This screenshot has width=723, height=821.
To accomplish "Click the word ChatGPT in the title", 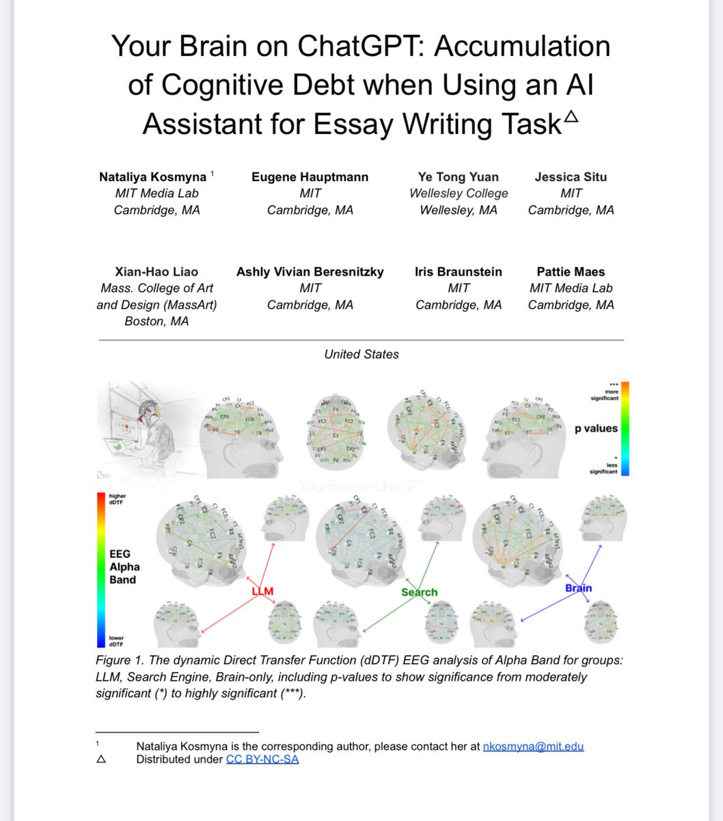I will coord(361,47).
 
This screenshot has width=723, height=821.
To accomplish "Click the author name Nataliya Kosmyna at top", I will coord(153,177).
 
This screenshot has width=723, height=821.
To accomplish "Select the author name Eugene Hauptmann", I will coord(310,177).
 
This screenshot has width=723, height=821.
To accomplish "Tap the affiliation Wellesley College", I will coord(459,194).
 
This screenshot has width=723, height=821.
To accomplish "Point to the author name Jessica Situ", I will coord(571,177).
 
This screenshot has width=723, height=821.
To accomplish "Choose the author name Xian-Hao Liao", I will coord(156,272).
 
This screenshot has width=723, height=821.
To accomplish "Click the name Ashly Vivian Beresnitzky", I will coord(310,272).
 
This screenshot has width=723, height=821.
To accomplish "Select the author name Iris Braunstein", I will coord(458,272).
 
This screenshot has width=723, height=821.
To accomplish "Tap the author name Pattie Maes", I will coord(571,272).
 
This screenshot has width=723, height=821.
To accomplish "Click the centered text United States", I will coord(361,354).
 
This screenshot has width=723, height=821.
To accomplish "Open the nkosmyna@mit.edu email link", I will coord(533,746).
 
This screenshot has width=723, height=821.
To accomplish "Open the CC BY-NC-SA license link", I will coord(262,759).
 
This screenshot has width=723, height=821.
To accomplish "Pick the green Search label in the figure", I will coord(419,592).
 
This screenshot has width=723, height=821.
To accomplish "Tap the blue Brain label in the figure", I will coord(578,588).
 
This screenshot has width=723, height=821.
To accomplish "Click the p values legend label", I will coord(596,428).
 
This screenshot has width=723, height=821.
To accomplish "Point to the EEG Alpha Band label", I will coord(124,566).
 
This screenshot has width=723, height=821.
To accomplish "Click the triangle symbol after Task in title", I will coord(571,117).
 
